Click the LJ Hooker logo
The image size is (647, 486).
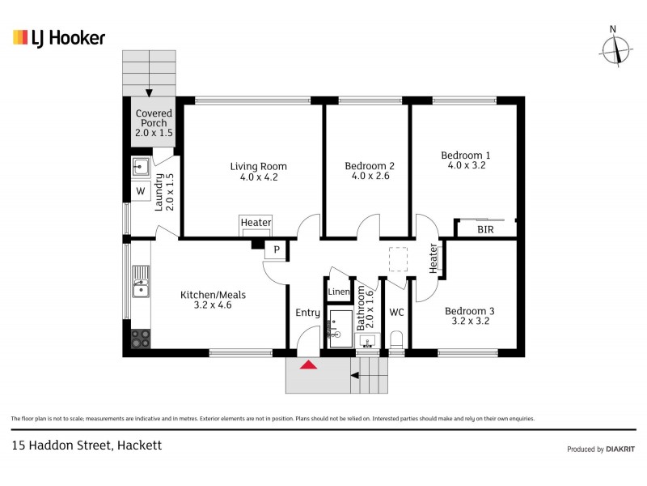pos(59,37)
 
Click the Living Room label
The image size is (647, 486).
pos(259,167)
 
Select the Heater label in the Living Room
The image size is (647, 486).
pos(256,223)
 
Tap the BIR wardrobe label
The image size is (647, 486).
pos(485,230)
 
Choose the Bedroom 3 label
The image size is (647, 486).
pos(469,310)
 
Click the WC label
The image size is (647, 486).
pos(396,313)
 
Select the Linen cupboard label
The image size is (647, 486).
pos(338,292)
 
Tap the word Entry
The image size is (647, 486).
pos(307,313)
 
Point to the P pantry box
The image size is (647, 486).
pos(277,250)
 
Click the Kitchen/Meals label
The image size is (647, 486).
pos(213,296)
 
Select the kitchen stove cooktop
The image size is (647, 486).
pos(141,338)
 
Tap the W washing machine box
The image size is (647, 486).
pos(140,191)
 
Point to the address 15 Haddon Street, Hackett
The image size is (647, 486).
pos(87,446)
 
